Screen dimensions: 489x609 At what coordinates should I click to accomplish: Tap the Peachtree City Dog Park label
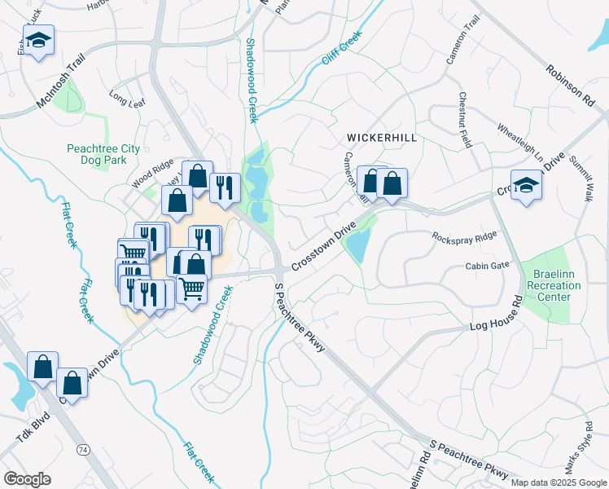(103, 155)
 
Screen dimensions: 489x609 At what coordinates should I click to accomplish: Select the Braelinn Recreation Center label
(554, 286)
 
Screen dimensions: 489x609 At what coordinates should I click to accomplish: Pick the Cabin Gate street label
(487, 266)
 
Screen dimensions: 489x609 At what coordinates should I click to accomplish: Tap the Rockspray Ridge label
(464, 236)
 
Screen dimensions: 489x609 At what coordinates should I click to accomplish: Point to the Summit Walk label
(582, 178)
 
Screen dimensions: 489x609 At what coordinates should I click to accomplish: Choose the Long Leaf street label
(125, 102)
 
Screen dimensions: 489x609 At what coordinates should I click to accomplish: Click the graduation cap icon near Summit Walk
(526, 185)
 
